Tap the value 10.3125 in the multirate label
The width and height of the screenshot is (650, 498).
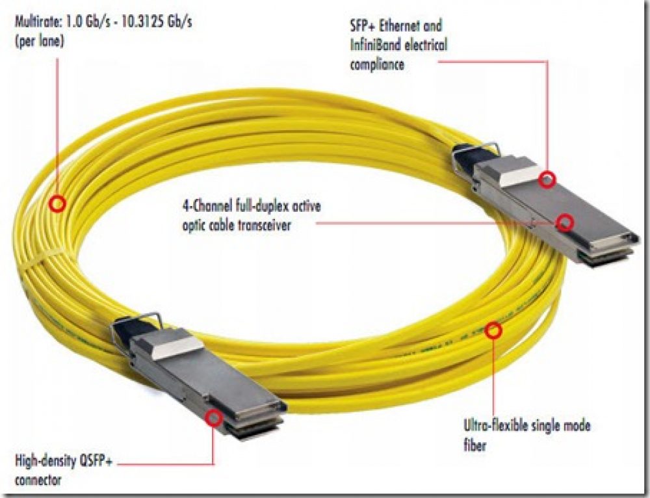tap(140, 21)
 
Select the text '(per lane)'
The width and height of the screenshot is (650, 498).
tap(40, 42)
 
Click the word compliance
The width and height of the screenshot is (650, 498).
tap(377, 64)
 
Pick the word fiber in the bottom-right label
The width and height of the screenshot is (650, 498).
tap(474, 445)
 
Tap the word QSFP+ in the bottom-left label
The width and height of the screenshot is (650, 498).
tap(95, 461)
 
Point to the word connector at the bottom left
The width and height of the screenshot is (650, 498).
tap(38, 480)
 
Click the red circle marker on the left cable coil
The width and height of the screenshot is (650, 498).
tap(58, 204)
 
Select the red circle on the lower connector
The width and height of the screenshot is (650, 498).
tap(214, 418)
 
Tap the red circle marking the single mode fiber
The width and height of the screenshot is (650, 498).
tap(493, 330)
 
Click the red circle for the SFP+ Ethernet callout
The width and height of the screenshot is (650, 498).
tap(547, 180)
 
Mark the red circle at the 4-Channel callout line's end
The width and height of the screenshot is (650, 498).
tap(565, 223)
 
